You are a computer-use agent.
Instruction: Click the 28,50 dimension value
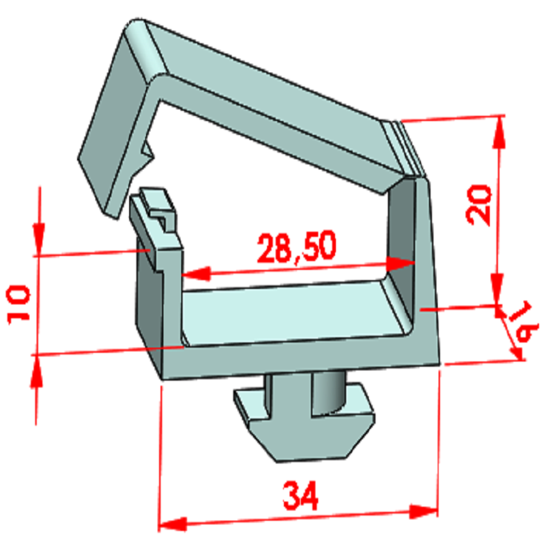(296, 247)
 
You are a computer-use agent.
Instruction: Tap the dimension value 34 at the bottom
(301, 498)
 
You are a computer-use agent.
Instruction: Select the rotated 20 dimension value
(480, 204)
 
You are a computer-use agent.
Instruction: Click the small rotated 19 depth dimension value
(523, 323)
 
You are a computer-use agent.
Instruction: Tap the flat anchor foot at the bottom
(308, 433)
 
